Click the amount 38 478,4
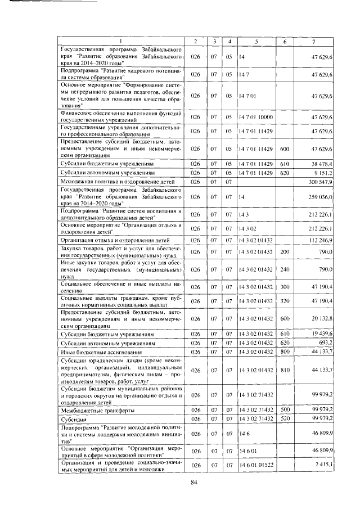[x=322, y=163]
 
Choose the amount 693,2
[x=326, y=343]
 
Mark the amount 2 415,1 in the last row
[x=324, y=465]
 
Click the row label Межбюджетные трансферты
[x=91, y=411]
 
